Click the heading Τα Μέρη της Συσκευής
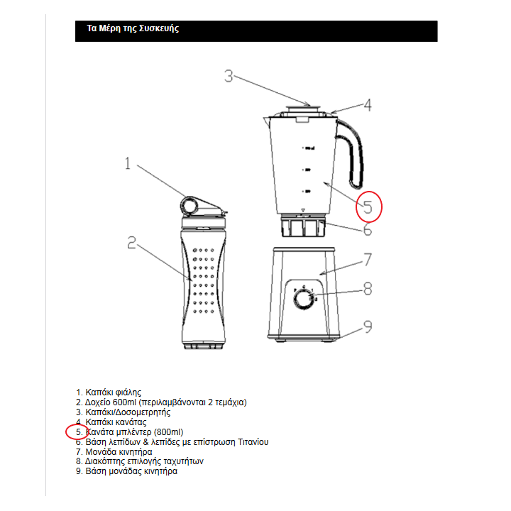point(133,29)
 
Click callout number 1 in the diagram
point(128,164)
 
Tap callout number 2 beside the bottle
point(131,243)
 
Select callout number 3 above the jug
point(229,76)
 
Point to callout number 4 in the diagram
point(367,105)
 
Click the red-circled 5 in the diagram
point(368,207)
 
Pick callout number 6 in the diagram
point(368,230)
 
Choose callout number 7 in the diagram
point(368,259)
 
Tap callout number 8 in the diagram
point(368,289)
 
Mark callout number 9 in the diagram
point(368,327)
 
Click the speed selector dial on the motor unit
point(304,299)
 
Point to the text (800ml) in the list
point(168,432)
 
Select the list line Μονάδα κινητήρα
point(119,451)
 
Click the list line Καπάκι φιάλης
point(113,392)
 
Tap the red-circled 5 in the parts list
point(78,432)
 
